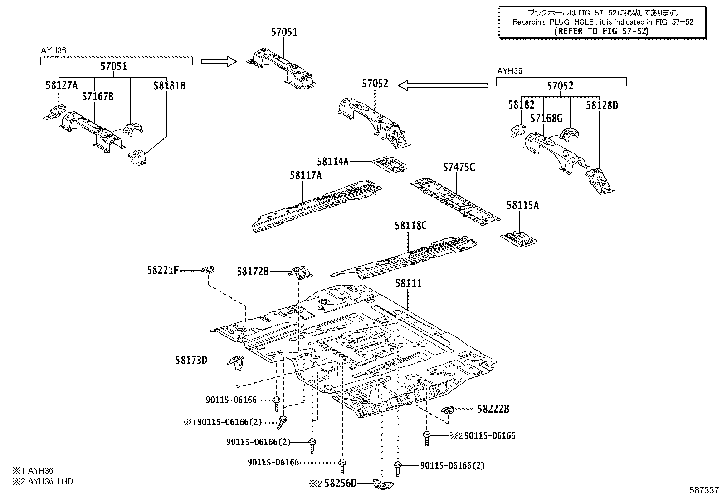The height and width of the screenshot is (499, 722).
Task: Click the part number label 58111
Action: [x=408, y=283]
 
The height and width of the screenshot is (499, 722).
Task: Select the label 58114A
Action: [x=332, y=161]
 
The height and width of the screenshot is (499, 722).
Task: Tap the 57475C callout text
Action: [x=459, y=168]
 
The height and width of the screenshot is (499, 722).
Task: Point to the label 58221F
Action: [x=162, y=271]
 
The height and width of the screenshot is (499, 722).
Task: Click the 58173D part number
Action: [x=191, y=361]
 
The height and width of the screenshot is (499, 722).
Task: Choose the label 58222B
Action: [x=493, y=409]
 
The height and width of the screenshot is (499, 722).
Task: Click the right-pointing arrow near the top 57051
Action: [x=218, y=61]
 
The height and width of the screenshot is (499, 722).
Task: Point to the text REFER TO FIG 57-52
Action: [x=601, y=31]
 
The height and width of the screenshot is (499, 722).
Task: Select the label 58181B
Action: [x=169, y=86]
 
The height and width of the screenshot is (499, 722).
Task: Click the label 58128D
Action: [x=602, y=105]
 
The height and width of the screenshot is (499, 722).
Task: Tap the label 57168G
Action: [x=546, y=119]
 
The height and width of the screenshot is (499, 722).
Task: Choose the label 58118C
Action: [x=410, y=226]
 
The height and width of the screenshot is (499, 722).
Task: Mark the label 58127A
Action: [x=61, y=84]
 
